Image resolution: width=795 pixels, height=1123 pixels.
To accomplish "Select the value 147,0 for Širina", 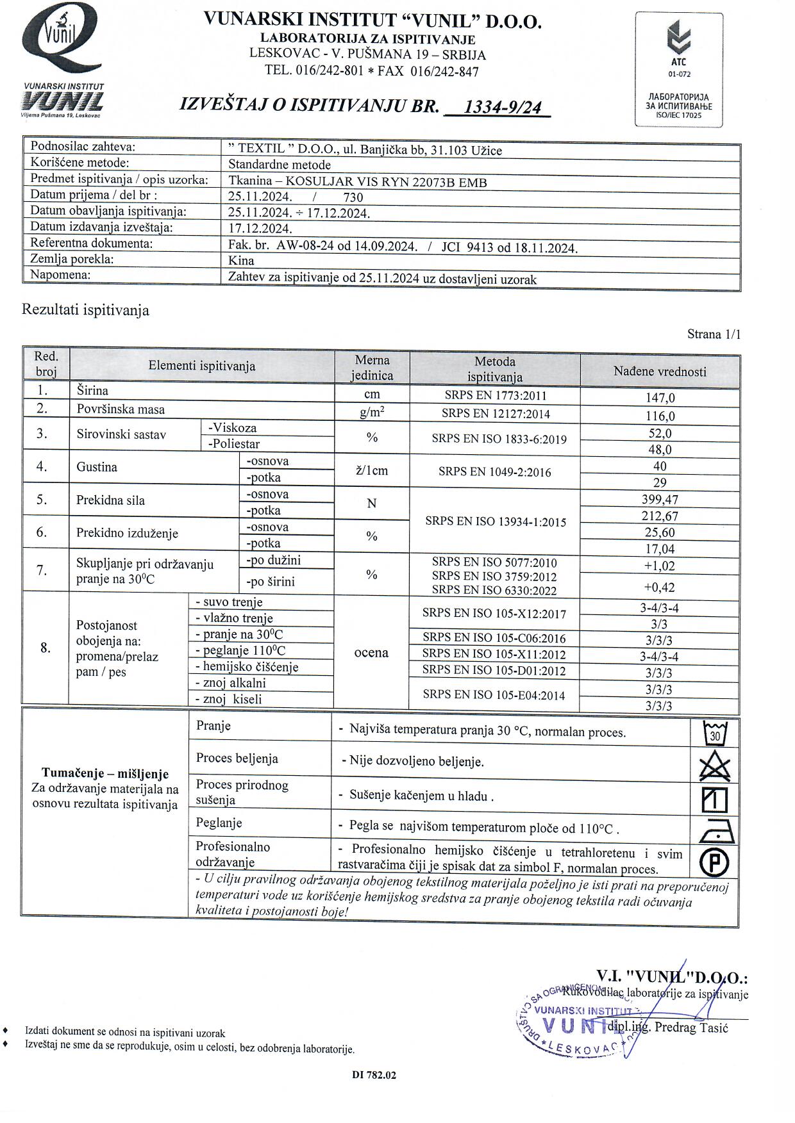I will [x=660, y=398].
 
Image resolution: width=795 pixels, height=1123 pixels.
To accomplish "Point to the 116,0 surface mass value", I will [x=660, y=416].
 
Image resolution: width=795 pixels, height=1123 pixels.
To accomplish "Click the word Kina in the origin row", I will [x=241, y=261].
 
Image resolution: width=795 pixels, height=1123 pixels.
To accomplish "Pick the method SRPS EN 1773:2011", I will [x=495, y=396].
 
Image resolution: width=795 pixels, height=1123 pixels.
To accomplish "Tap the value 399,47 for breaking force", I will [x=660, y=500].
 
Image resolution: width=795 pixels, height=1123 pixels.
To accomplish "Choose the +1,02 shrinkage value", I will [x=660, y=566].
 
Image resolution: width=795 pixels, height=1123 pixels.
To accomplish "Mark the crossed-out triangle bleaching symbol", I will [x=715, y=766].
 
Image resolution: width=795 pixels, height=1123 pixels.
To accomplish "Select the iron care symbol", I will [x=715, y=830].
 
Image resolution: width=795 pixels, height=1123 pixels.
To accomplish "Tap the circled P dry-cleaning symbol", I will [x=714, y=862].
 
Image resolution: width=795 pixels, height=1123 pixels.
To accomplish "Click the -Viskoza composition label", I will [x=231, y=428].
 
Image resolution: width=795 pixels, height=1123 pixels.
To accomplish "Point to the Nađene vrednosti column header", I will [x=660, y=371].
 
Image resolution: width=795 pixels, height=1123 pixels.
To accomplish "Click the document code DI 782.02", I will [x=374, y=1075].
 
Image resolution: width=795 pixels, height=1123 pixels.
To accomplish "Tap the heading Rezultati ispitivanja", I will [x=85, y=310].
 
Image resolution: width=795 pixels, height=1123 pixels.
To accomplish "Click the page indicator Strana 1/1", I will [x=714, y=334].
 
